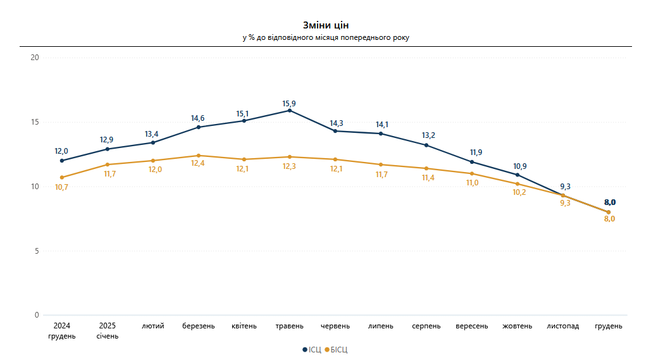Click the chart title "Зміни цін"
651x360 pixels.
click(325, 25)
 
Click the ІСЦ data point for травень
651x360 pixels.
click(290, 110)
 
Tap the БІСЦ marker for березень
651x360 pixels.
click(199, 156)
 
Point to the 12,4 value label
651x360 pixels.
click(199, 164)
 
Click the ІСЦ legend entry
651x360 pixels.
click(312, 349)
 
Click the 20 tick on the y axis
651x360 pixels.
click(35, 58)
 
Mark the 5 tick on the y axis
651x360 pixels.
click(37, 251)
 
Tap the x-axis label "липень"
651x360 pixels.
click(381, 326)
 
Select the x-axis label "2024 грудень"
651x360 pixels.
click(62, 331)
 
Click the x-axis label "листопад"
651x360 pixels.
click(563, 326)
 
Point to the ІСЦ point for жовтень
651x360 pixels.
click(518, 175)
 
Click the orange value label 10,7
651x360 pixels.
click(61, 187)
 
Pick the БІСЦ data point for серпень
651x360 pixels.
click(426, 168)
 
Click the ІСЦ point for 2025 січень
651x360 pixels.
click(108, 149)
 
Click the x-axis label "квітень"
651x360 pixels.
click(244, 326)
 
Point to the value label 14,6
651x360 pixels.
click(199, 118)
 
